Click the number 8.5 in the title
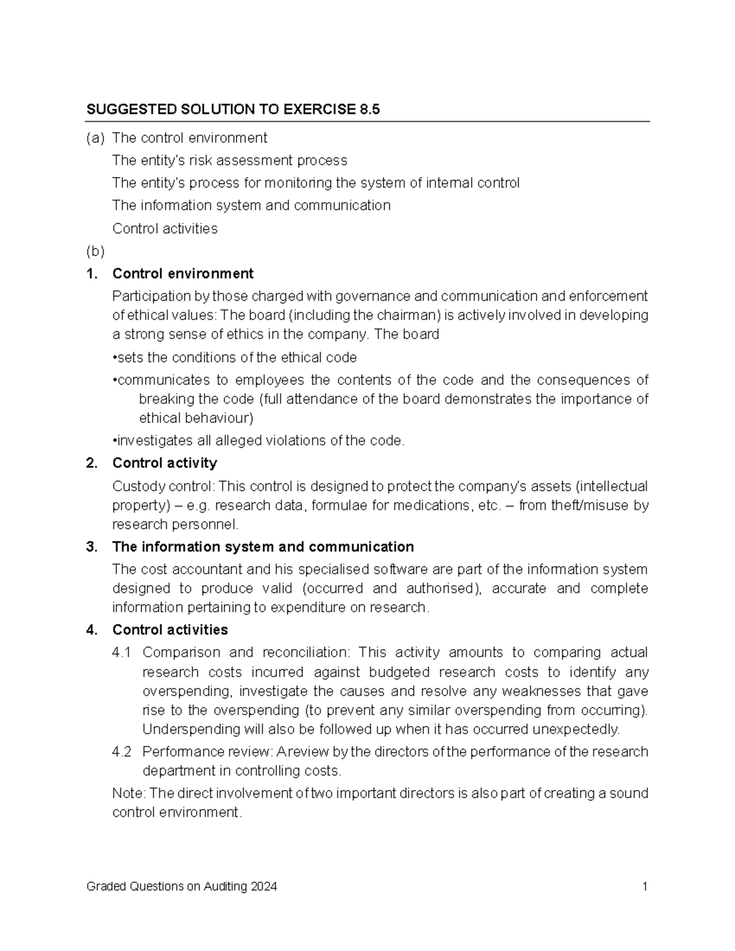pyautogui.click(x=367, y=110)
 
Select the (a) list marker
pyautogui.click(x=95, y=138)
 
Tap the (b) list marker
pyautogui.click(x=95, y=251)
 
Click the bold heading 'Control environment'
pyautogui.click(x=183, y=273)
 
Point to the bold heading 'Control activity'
pyautogui.click(x=164, y=463)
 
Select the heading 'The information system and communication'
pyautogui.click(x=263, y=547)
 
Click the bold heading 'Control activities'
pyautogui.click(x=170, y=630)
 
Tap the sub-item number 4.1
pyautogui.click(x=121, y=653)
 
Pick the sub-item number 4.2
pyautogui.click(x=121, y=752)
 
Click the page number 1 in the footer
pyautogui.click(x=644, y=887)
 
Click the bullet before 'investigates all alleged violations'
pyautogui.click(x=115, y=441)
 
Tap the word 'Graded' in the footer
pyautogui.click(x=104, y=887)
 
